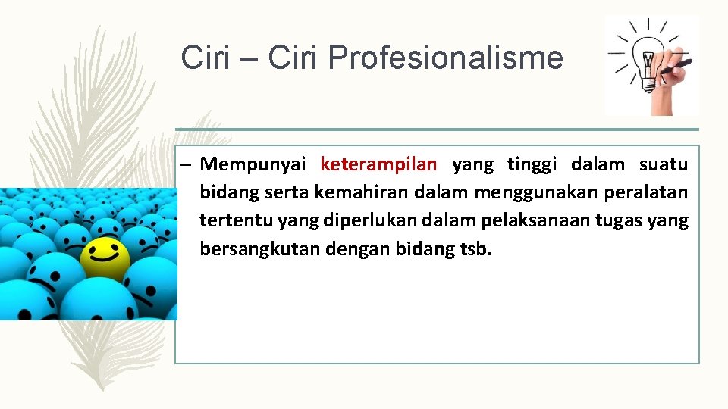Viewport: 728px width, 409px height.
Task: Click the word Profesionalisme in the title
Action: pos(447,58)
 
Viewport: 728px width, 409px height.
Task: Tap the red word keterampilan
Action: pos(378,164)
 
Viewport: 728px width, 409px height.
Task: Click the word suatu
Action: pos(664,164)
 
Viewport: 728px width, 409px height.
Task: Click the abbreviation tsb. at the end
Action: pos(476,248)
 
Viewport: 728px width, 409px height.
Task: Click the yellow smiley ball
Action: pos(104,258)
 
